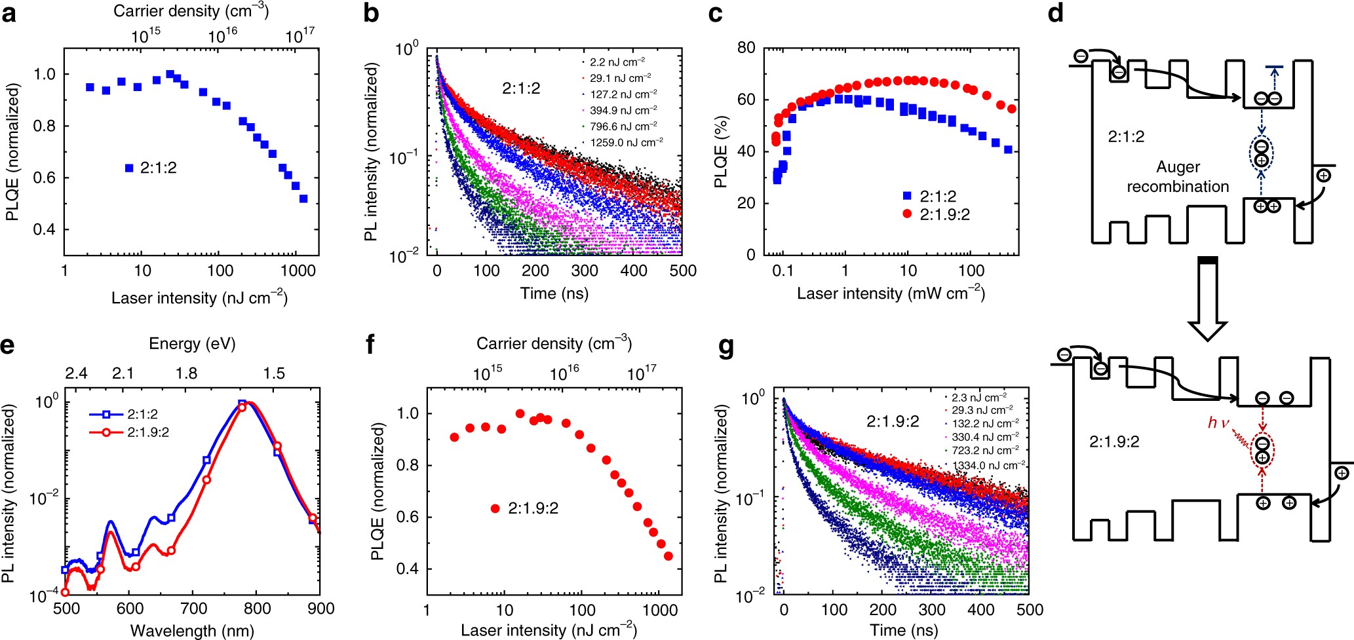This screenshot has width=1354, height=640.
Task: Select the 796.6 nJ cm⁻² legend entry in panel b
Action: click(x=623, y=126)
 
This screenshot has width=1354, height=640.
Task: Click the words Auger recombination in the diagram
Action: click(x=1178, y=177)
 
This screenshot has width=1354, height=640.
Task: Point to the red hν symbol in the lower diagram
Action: click(x=1218, y=423)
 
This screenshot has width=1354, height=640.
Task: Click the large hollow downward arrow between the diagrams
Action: click(x=1207, y=299)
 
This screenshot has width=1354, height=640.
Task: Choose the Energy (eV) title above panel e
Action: click(x=192, y=344)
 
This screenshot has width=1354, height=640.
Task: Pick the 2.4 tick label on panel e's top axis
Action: click(x=76, y=373)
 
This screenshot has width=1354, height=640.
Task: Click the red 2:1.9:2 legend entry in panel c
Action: click(x=944, y=214)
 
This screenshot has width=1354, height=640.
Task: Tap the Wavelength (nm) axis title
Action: click(x=192, y=630)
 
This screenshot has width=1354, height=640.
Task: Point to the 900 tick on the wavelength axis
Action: click(x=321, y=608)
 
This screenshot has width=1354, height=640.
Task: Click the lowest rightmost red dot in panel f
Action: click(x=668, y=556)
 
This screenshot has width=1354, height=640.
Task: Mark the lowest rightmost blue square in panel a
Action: click(x=303, y=199)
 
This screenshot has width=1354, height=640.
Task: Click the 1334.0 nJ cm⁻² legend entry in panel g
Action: click(x=989, y=465)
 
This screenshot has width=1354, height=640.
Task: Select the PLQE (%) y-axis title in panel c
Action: click(x=721, y=151)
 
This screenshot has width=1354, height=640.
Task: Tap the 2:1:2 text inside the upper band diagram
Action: click(x=1126, y=137)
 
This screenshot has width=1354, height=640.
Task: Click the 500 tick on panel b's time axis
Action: click(x=683, y=271)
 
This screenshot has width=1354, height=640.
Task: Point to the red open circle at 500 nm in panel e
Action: click(x=65, y=593)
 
